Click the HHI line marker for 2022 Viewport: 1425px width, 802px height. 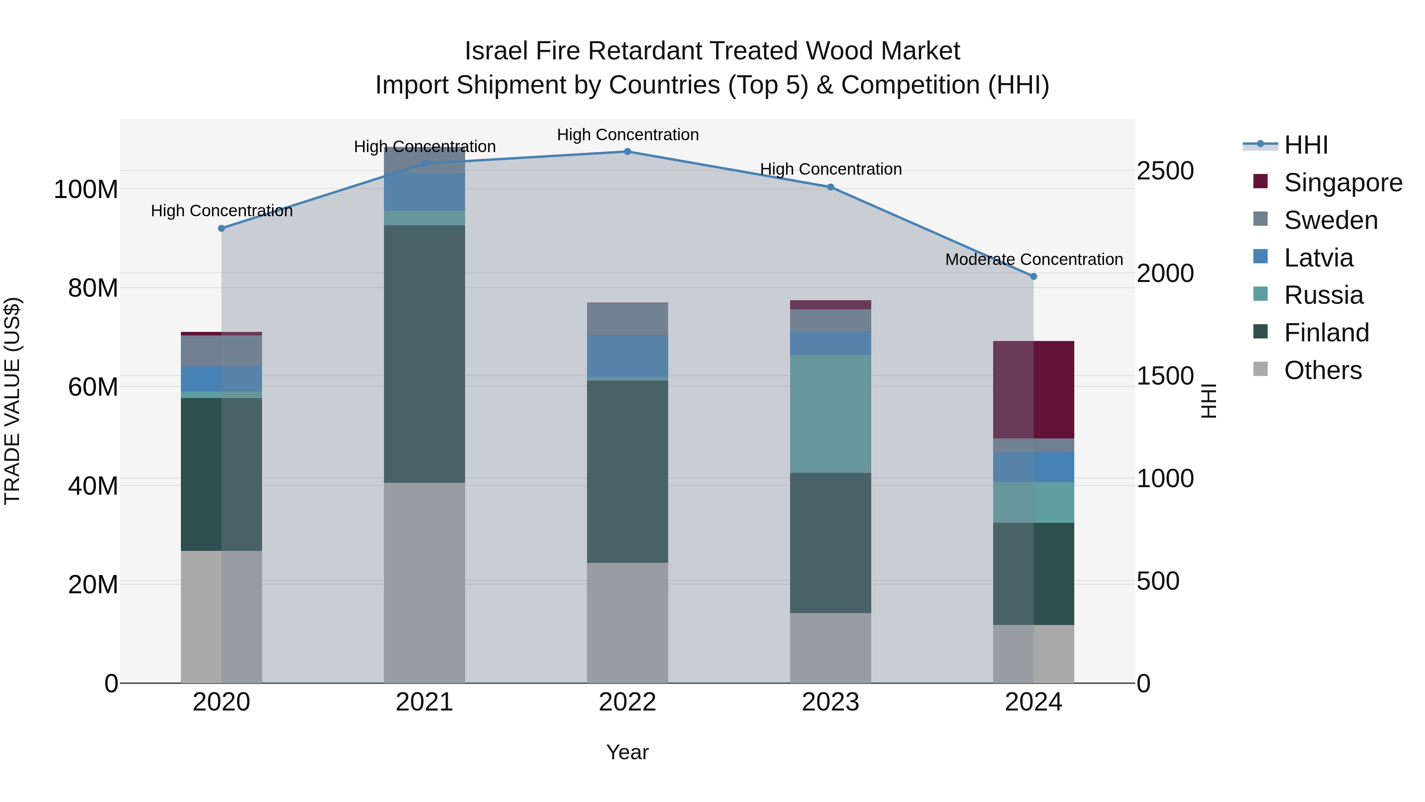coord(627,151)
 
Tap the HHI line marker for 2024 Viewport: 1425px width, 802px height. coord(1034,276)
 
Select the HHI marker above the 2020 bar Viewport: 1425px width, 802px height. coord(221,228)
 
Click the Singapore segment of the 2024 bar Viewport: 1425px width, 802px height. coord(1034,390)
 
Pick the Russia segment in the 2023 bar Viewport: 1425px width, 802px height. coord(830,413)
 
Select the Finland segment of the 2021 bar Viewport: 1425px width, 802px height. coord(424,354)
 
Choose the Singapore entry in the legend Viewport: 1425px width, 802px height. coord(1343,183)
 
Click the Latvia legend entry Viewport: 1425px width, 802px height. coord(1318,258)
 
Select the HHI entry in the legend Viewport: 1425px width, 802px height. coord(1305,145)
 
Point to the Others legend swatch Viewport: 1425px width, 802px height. coord(1261,369)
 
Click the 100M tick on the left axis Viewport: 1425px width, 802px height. coord(86,189)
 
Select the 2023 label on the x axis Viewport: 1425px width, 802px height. coord(830,702)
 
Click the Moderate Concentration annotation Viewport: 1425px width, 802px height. coord(1034,259)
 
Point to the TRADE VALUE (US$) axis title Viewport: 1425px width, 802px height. coord(12,401)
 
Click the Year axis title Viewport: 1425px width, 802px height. coord(627,752)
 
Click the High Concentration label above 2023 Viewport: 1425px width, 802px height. coord(830,169)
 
